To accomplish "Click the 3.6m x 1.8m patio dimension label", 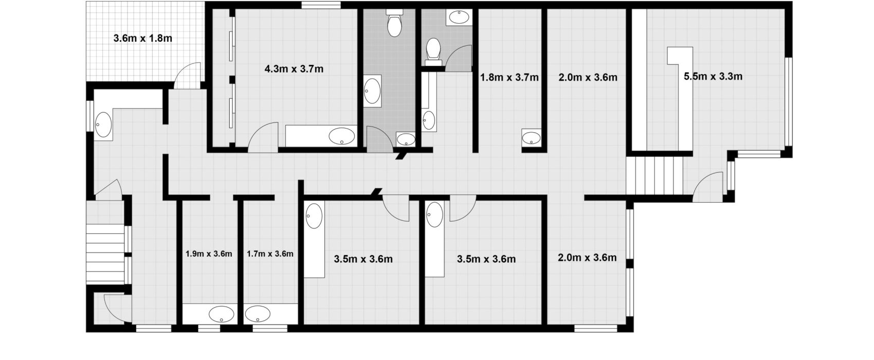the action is pyautogui.click(x=143, y=38).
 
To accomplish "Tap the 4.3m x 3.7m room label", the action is pyautogui.click(x=294, y=69).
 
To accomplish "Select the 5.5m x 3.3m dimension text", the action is pyautogui.click(x=713, y=77).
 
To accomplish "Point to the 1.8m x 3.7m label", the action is pyautogui.click(x=509, y=77).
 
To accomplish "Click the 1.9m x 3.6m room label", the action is pyautogui.click(x=209, y=254).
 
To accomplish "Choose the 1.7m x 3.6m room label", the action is pyautogui.click(x=270, y=254).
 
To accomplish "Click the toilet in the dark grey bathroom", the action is pyautogui.click(x=394, y=23).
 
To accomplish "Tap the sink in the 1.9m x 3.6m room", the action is pyautogui.click(x=221, y=314).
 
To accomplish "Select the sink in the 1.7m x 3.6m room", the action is pyautogui.click(x=258, y=314).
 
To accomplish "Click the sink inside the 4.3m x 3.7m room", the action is pyautogui.click(x=342, y=136).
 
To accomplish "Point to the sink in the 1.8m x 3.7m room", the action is pyautogui.click(x=532, y=138).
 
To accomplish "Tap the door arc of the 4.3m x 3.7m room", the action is pyautogui.click(x=263, y=137).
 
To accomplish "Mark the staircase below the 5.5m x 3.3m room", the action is pyautogui.click(x=654, y=175).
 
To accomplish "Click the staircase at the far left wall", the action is pyautogui.click(x=105, y=254).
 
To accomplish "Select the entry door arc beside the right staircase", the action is pyautogui.click(x=708, y=187).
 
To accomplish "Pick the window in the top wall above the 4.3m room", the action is pyautogui.click(x=321, y=6).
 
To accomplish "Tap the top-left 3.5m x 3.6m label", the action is pyautogui.click(x=363, y=259).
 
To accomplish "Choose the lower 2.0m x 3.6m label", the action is pyautogui.click(x=587, y=258).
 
